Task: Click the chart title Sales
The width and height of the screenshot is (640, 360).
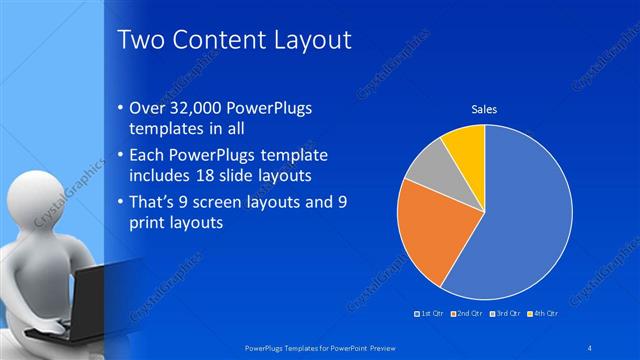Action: (x=484, y=108)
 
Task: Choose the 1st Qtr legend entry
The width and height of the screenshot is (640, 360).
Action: (x=431, y=313)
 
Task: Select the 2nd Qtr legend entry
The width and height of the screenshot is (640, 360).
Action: (x=469, y=313)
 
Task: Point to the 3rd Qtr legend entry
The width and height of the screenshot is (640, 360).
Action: (x=507, y=313)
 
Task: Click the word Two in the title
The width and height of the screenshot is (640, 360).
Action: (x=141, y=40)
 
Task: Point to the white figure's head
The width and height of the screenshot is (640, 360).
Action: (x=41, y=201)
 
